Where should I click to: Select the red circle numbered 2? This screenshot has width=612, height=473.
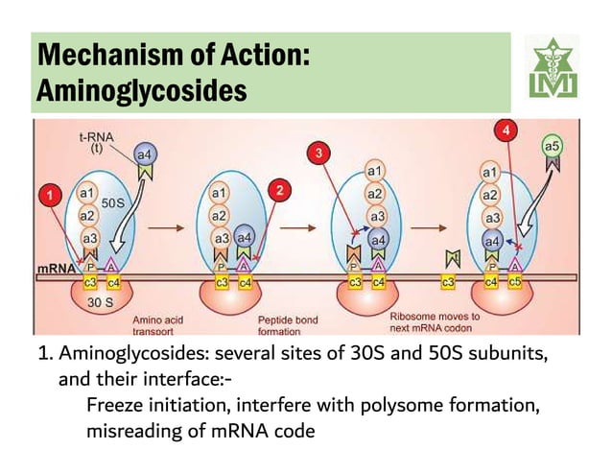pyautogui.click(x=280, y=189)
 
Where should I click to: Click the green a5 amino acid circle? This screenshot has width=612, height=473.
pyautogui.click(x=553, y=146)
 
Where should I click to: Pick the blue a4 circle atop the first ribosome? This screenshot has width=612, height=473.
pyautogui.click(x=144, y=155)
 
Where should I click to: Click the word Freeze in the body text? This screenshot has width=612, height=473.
pyautogui.click(x=113, y=407)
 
